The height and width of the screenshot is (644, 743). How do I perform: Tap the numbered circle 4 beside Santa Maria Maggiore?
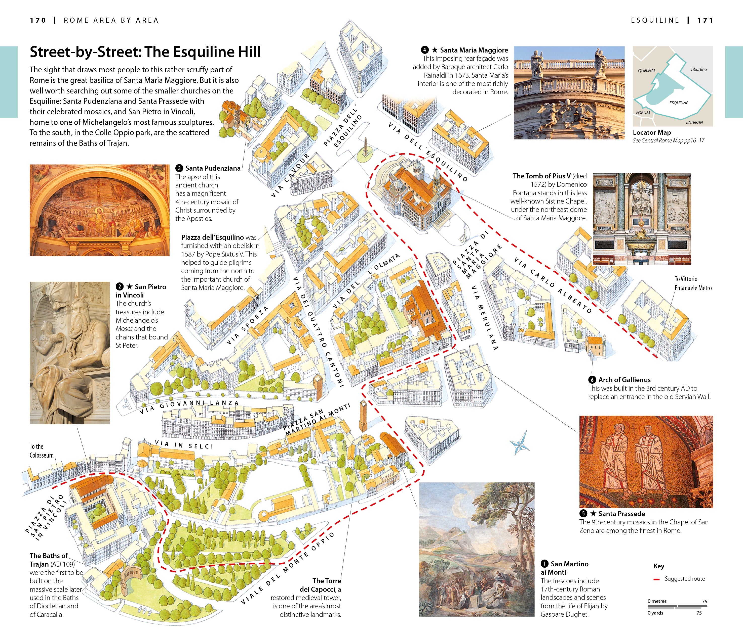(425, 50)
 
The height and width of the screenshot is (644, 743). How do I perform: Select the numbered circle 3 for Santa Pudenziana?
(179, 168)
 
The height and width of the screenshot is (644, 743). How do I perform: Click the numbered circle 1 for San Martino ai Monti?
(545, 564)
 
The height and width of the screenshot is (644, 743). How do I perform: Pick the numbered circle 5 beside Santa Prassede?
(583, 514)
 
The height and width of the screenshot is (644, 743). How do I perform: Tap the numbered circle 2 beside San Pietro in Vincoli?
(120, 287)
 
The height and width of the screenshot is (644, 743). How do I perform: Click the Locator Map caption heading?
(652, 132)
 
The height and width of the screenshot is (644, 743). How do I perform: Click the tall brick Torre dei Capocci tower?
(363, 415)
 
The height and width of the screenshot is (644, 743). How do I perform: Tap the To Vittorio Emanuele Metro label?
(693, 283)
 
